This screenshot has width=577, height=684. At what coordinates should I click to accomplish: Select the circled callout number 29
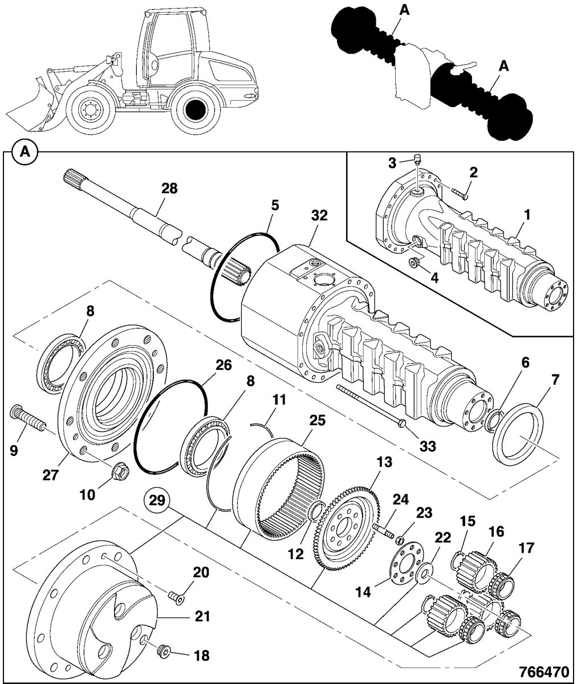(x=159, y=500)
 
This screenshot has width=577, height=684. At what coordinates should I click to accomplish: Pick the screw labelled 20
(x=176, y=596)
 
